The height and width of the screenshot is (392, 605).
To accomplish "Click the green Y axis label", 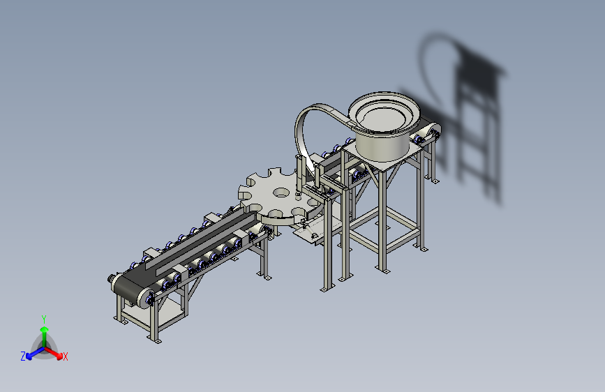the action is [x=44, y=319].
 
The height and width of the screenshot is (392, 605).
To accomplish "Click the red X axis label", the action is [x=65, y=356].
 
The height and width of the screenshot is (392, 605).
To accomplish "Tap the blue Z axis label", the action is [x=23, y=356].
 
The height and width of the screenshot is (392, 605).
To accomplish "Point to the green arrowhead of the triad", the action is [x=45, y=329].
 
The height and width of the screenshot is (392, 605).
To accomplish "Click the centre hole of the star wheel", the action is [x=281, y=192].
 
